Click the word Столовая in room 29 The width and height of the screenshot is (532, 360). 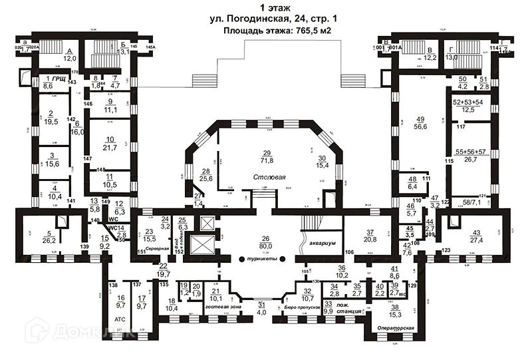tap(269, 178)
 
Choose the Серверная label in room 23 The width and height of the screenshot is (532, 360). tap(158, 245)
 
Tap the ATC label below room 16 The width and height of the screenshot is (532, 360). tap(120, 319)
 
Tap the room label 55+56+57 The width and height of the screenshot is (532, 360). tap(470, 151)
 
